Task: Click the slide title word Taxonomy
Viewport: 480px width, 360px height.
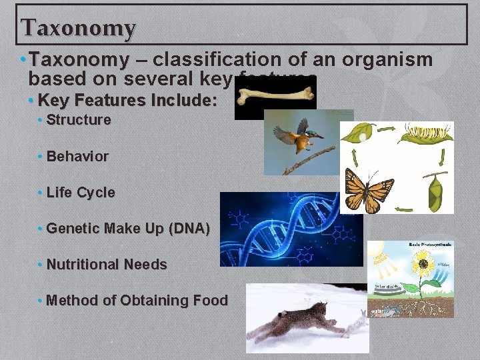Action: point(78,28)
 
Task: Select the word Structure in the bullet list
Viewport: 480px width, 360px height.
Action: point(79,121)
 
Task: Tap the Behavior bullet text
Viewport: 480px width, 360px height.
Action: point(77,157)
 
